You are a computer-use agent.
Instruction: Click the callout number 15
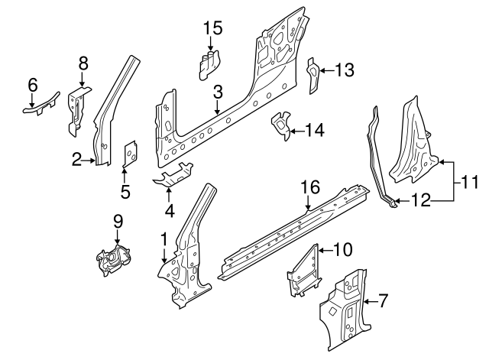tap(212, 28)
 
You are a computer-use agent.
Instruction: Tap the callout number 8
tap(83, 63)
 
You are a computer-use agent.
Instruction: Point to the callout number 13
tap(345, 70)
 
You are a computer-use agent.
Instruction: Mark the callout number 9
tap(118, 222)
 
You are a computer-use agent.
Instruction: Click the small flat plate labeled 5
tap(129, 152)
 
